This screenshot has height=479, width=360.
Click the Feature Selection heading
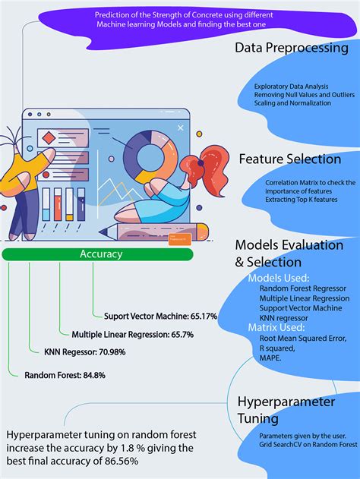pos(289,159)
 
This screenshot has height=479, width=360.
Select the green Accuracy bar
pos(101,254)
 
